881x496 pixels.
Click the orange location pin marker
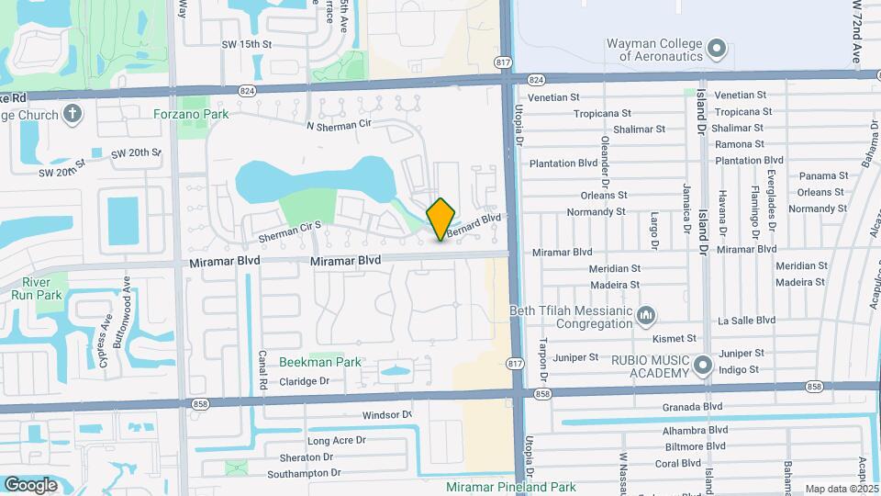click(x=441, y=219)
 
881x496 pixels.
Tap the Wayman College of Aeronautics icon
click(x=718, y=46)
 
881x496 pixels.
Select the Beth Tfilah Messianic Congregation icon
click(x=646, y=316)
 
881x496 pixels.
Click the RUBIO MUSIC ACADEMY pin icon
click(x=704, y=366)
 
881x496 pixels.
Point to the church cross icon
click(x=72, y=114)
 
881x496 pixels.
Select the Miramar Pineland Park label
click(x=510, y=487)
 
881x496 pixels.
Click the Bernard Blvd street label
click(x=476, y=223)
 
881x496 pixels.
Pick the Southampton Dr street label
click(x=305, y=473)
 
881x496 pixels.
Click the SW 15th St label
click(x=247, y=44)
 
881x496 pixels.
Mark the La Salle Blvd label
click(x=746, y=321)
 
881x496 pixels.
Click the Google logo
click(x=30, y=484)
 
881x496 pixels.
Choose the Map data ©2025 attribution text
click(x=841, y=489)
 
